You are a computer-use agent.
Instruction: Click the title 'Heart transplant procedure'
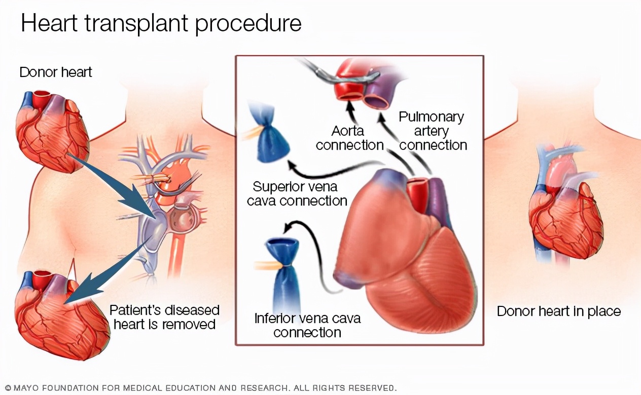(161, 24)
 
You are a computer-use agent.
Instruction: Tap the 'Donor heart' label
(56, 72)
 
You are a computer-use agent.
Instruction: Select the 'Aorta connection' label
(349, 138)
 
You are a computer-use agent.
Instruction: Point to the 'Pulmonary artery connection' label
(433, 131)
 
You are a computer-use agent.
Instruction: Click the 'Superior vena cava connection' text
(297, 193)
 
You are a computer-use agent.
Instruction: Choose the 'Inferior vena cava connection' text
(307, 326)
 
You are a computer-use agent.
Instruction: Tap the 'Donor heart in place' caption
(558, 311)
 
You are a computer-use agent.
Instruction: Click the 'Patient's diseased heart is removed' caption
(165, 317)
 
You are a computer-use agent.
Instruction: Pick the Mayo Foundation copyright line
(200, 388)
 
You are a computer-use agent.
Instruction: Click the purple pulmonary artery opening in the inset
(377, 101)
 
